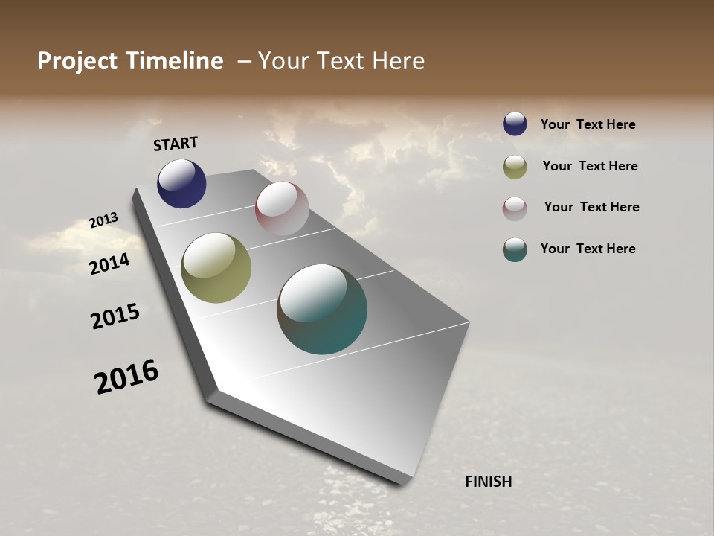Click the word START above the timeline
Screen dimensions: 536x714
point(176,144)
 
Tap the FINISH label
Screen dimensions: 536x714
point(488,482)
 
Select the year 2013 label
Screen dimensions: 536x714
point(103,220)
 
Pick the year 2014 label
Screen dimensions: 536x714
point(109,264)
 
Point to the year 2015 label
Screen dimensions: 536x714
point(115,316)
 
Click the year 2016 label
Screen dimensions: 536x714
point(126,376)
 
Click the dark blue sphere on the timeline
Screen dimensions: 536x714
point(181,183)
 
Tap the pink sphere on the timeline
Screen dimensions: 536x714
point(282,208)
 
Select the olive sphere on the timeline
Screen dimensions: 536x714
point(216,268)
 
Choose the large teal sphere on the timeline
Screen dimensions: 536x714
point(322,309)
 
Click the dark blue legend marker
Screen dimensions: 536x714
point(515,124)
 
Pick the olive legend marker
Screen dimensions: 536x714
point(515,167)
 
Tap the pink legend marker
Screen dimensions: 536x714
point(515,208)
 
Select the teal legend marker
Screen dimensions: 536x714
point(515,249)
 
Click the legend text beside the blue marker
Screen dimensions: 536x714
point(588,125)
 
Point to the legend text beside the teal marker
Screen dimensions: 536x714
point(588,249)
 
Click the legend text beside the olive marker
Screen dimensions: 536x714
point(590,166)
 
